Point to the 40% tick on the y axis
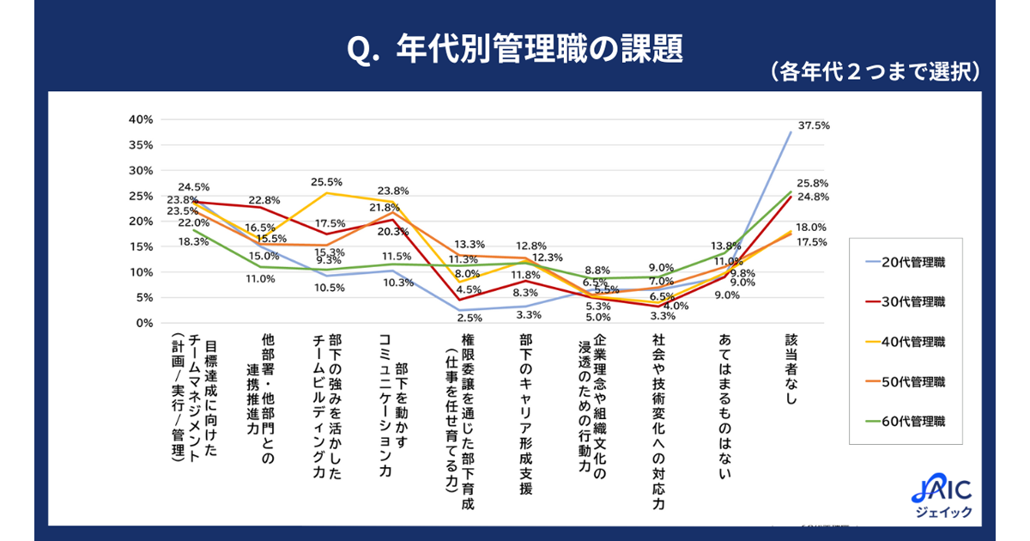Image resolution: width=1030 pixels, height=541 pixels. coord(140,119)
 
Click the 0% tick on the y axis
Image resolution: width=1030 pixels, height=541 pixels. coord(143,323)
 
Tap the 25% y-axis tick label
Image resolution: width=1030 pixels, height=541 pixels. coord(140,195)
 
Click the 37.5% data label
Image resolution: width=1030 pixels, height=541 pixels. coord(813,125)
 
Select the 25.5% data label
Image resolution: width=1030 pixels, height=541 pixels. coord(327,182)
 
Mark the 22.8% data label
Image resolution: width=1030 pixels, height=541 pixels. coord(264,199)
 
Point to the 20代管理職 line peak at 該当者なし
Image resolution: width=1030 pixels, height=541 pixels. coord(790,132)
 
